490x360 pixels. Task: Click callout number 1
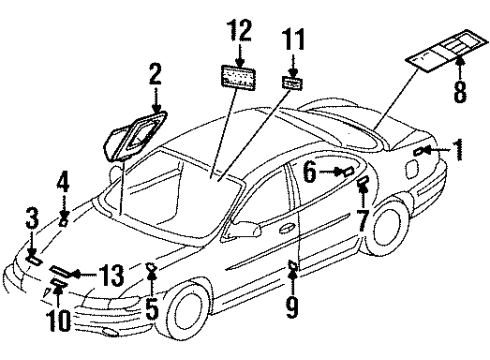(x=458, y=151)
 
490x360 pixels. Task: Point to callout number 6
(x=310, y=173)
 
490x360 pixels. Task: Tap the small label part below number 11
(x=293, y=84)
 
